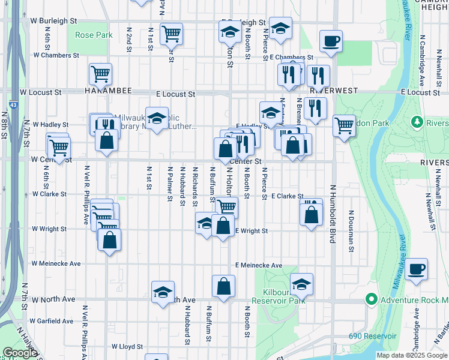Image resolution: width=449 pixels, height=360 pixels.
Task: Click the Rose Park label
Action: click(x=94, y=35)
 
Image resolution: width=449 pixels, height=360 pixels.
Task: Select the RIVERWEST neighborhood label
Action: click(x=333, y=91)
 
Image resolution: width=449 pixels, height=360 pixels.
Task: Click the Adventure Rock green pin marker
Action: click(x=371, y=299)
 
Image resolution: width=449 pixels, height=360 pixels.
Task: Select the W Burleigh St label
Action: click(x=53, y=20)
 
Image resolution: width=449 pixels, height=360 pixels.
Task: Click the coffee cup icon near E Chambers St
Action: click(x=331, y=41)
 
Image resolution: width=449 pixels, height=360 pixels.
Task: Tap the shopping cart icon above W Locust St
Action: click(x=100, y=74)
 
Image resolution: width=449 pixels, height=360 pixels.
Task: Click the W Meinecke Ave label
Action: click(x=56, y=263)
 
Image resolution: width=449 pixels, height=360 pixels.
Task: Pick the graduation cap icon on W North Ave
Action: click(x=163, y=292)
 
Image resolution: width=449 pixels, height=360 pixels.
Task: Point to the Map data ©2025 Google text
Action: click(x=411, y=355)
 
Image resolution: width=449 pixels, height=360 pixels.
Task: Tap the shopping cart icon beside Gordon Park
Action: click(x=344, y=126)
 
